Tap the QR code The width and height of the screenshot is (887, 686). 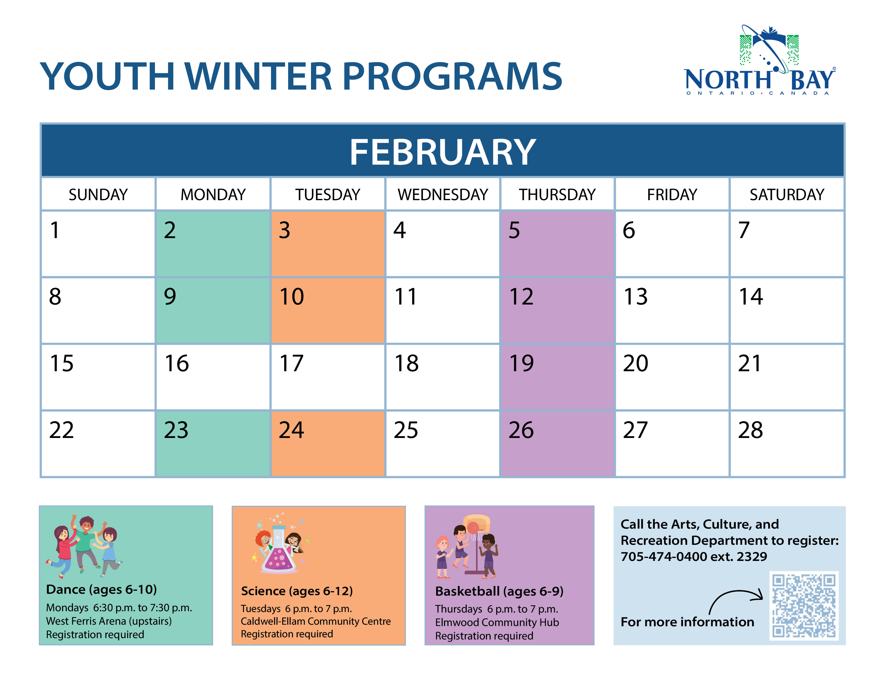click(x=804, y=606)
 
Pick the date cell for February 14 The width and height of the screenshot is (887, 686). click(x=787, y=310)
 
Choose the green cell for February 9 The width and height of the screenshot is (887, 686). click(x=213, y=310)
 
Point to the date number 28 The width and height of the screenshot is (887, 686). click(x=750, y=430)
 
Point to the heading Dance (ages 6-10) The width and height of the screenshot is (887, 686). click(x=102, y=589)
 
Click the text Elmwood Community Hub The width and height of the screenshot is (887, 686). click(x=497, y=622)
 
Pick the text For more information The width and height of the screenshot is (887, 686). click(x=687, y=622)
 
